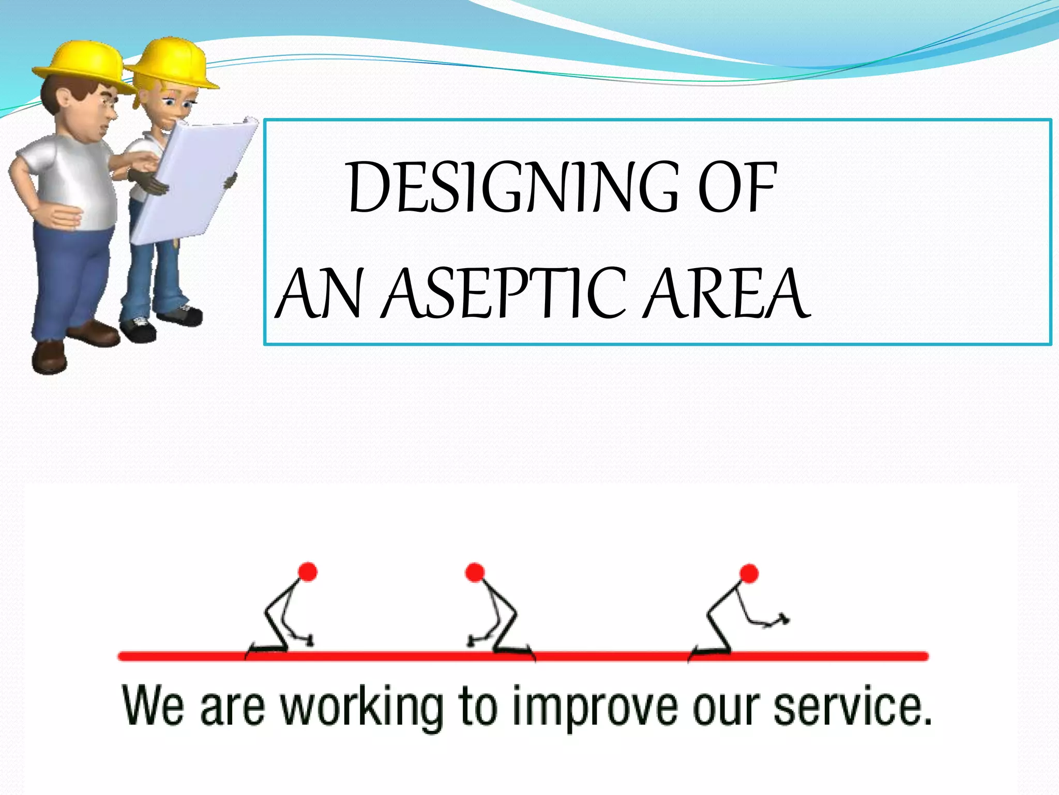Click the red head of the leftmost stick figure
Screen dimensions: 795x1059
(308, 572)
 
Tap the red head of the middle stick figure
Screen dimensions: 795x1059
(475, 572)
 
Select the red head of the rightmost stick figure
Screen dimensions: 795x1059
(749, 573)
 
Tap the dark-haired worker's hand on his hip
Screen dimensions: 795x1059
(59, 215)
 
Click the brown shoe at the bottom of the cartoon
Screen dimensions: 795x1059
(49, 357)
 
